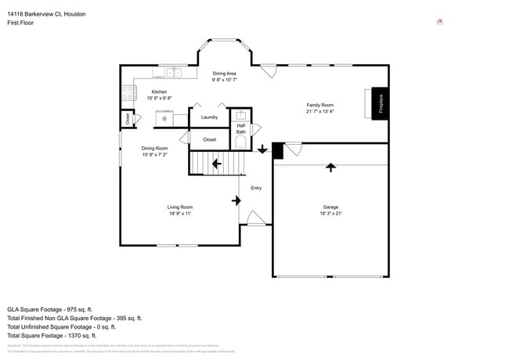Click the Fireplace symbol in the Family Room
[380, 103]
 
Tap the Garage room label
[330, 207]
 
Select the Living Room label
[179, 207]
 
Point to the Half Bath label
[242, 128]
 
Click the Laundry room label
[209, 117]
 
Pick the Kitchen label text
[159, 92]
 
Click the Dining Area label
[225, 74]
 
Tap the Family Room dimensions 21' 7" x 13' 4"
[319, 111]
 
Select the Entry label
[256, 188]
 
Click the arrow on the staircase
[215, 164]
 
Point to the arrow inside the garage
[330, 167]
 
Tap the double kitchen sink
[173, 73]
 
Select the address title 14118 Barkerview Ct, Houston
[46, 14]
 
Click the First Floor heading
[22, 23]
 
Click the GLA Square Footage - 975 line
[50, 309]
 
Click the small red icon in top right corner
[439, 22]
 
